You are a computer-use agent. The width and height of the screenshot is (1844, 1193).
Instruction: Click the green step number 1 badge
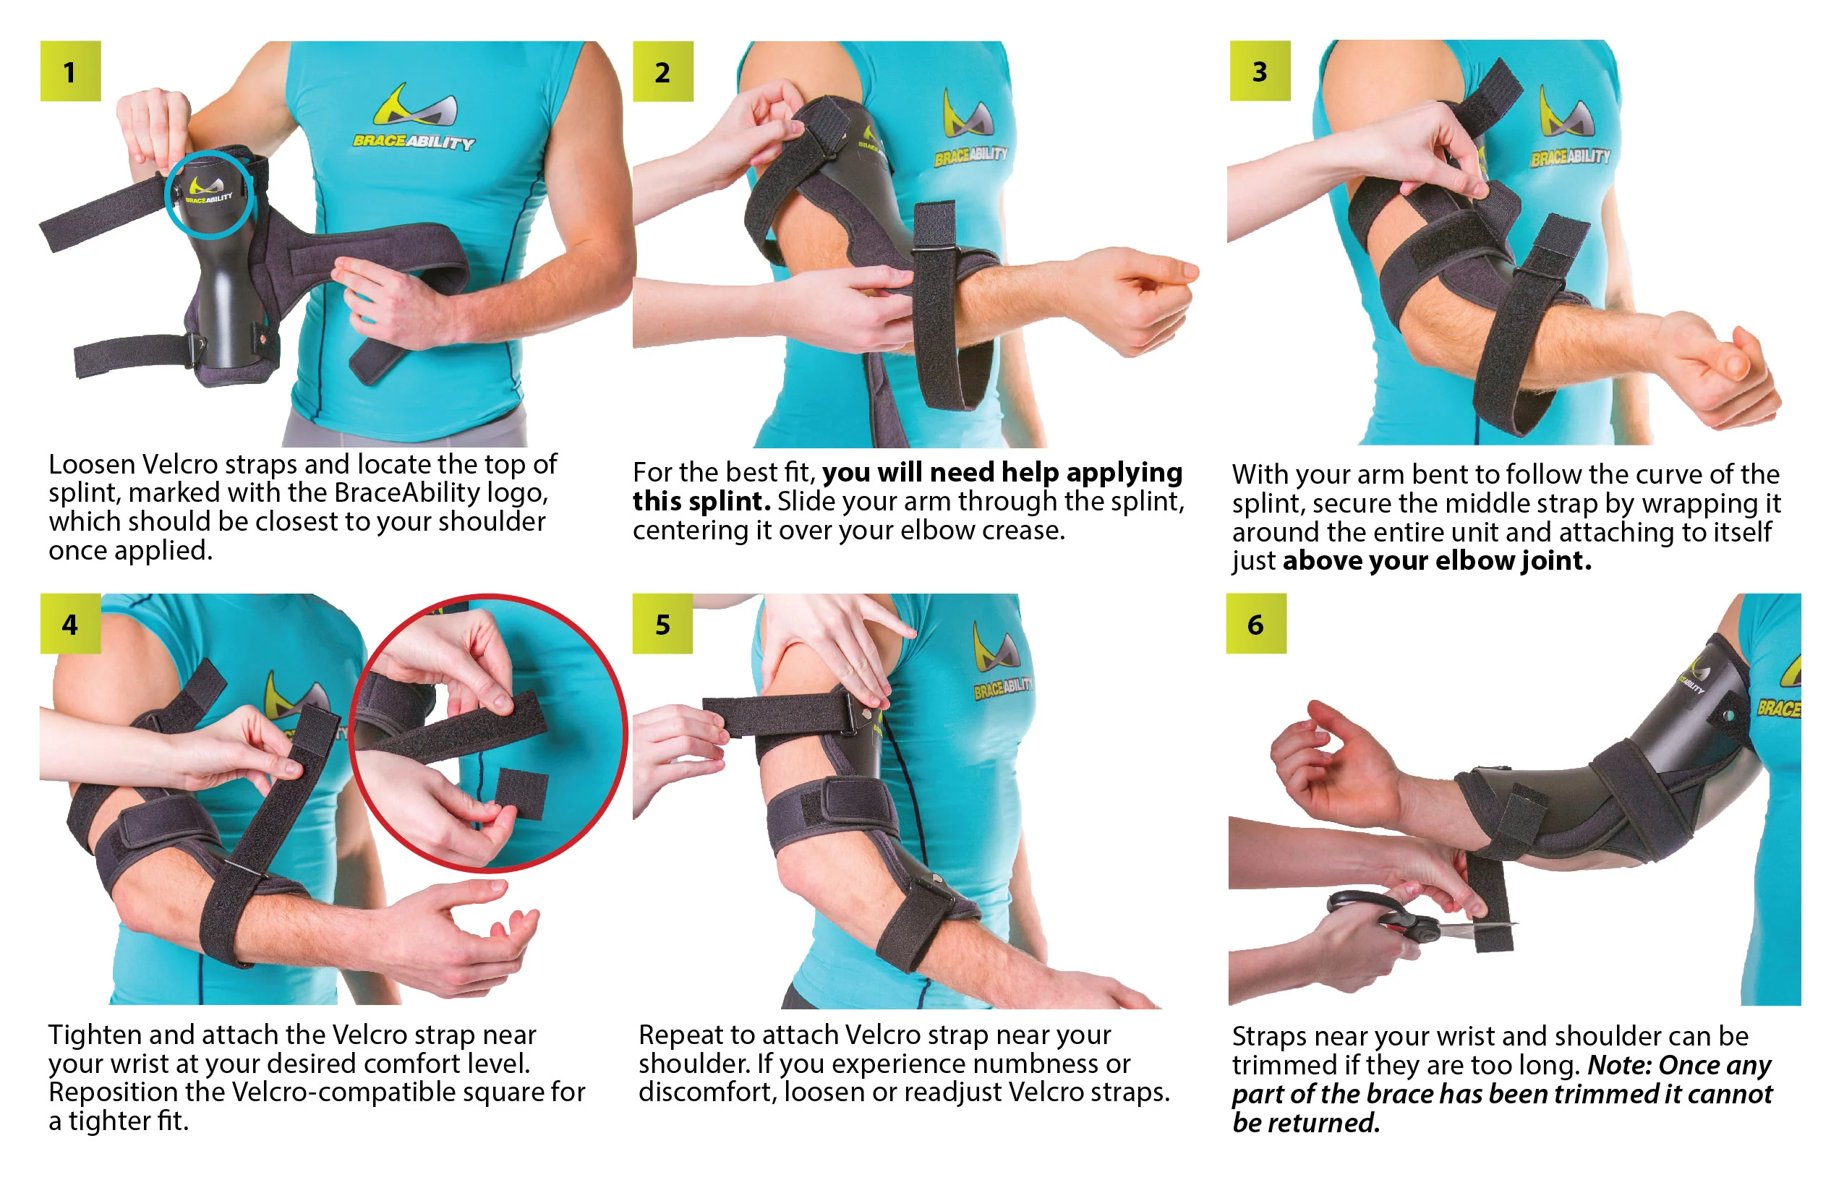pyautogui.click(x=71, y=72)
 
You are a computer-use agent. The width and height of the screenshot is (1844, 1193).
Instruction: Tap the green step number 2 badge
pyautogui.click(x=663, y=72)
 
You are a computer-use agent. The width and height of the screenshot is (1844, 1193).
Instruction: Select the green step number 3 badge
pyautogui.click(x=1260, y=71)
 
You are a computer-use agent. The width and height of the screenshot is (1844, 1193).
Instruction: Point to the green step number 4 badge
pyautogui.click(x=71, y=623)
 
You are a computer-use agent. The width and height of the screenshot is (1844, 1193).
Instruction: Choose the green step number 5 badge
pyautogui.click(x=663, y=623)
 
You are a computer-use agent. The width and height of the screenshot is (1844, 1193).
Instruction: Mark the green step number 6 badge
pyautogui.click(x=1257, y=623)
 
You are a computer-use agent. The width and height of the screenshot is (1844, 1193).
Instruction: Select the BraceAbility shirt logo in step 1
pyautogui.click(x=415, y=116)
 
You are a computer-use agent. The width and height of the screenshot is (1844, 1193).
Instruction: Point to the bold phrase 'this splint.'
pyautogui.click(x=702, y=502)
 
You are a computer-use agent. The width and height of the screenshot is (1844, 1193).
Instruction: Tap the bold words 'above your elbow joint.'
pyautogui.click(x=1438, y=560)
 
